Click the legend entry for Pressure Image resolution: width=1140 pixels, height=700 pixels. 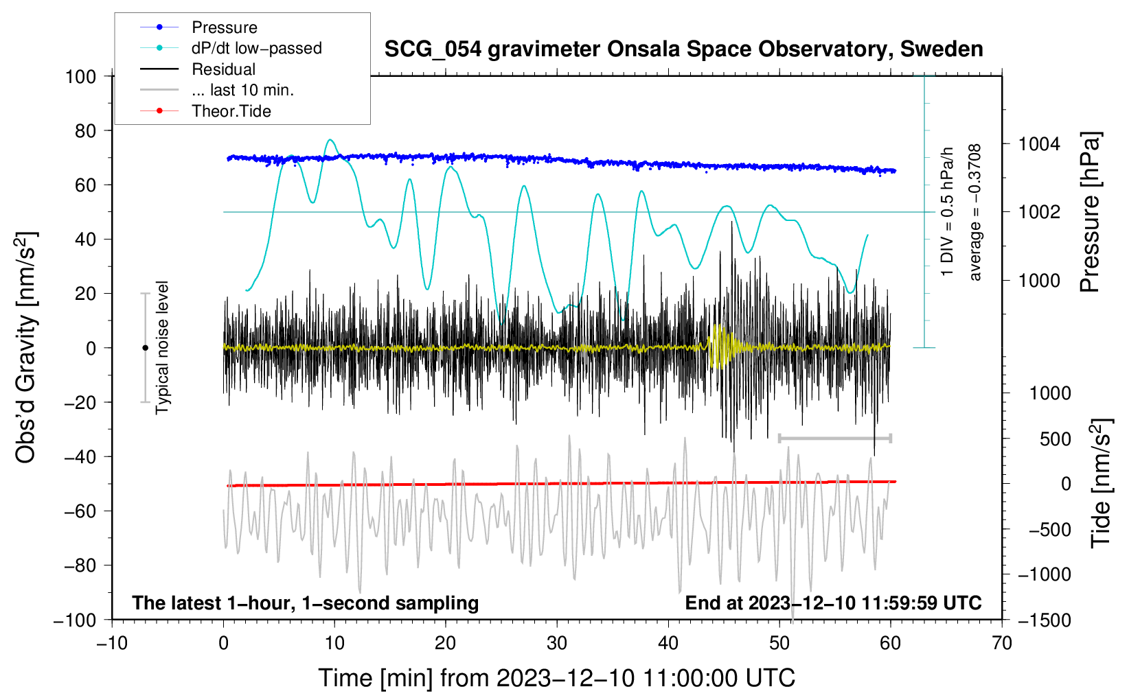(x=224, y=27)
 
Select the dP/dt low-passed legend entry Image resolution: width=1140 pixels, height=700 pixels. (x=256, y=48)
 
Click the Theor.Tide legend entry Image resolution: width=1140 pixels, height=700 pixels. (x=231, y=111)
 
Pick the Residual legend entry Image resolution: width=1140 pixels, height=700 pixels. (x=223, y=69)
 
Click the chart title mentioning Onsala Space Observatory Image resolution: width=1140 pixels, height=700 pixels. (x=683, y=49)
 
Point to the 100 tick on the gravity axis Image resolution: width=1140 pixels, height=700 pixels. (x=80, y=76)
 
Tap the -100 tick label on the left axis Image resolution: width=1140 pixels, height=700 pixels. (x=75, y=620)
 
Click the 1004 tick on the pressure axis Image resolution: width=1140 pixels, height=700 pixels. (x=1039, y=144)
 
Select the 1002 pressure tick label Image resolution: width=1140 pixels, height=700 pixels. (x=1039, y=212)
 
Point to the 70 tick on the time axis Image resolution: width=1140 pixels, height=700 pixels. (x=1002, y=643)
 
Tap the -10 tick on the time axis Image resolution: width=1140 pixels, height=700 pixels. (x=112, y=643)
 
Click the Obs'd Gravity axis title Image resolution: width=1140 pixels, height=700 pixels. (x=26, y=348)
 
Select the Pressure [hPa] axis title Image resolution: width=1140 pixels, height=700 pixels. (x=1091, y=212)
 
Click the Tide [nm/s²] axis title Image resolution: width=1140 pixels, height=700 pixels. (x=1101, y=483)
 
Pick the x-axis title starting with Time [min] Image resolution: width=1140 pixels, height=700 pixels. (x=557, y=678)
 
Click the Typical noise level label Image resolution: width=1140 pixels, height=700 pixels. (x=162, y=347)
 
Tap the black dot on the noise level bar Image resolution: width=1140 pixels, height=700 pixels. (x=145, y=348)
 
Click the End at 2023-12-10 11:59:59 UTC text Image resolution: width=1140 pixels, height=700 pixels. (x=833, y=603)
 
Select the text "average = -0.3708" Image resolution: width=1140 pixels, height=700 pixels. (x=975, y=212)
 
